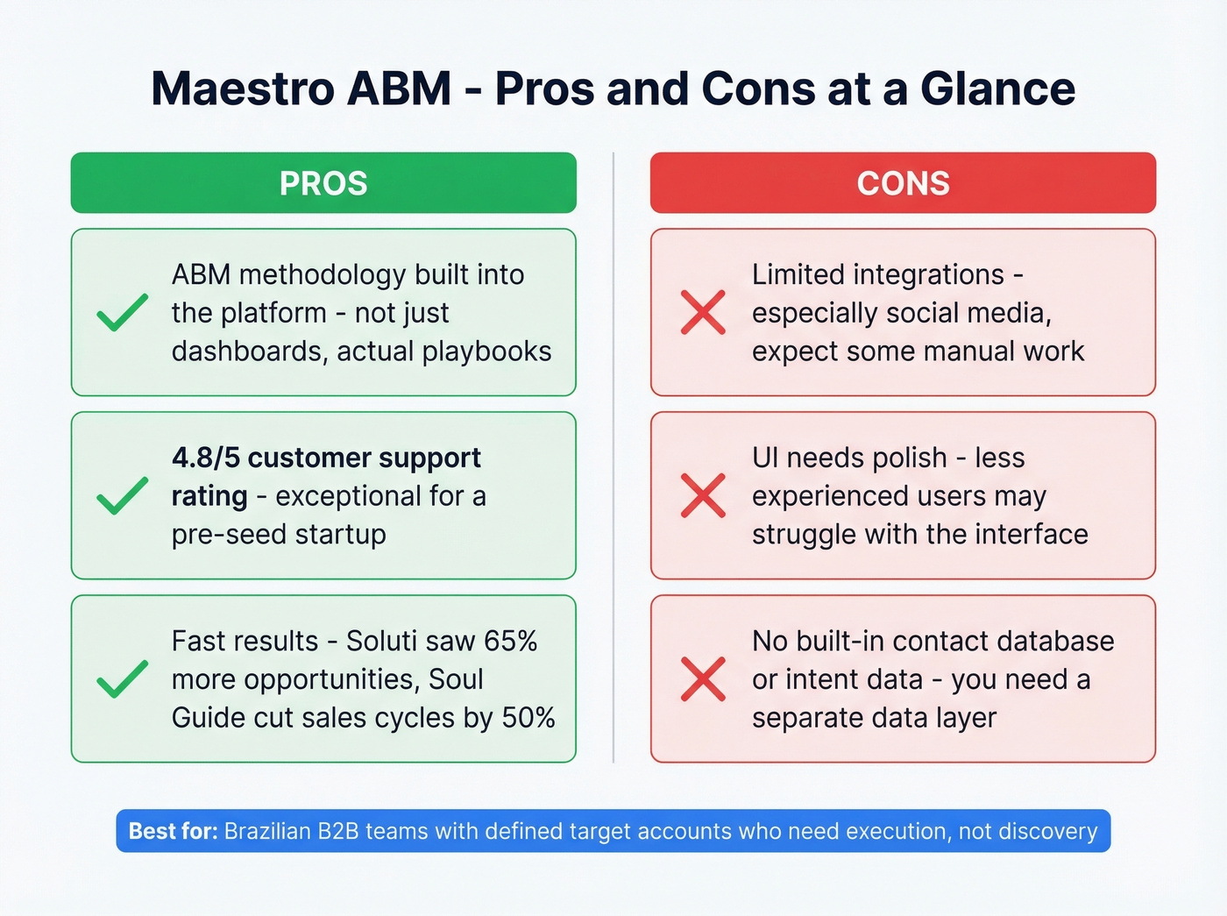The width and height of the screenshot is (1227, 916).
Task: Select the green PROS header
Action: pos(323,183)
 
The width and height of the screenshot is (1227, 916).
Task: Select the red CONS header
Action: pos(903,183)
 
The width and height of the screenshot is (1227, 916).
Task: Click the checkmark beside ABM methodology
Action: pos(122,313)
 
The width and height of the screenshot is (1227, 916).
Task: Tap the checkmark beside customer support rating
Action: pos(122,496)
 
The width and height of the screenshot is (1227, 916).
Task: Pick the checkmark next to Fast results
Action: pos(122,679)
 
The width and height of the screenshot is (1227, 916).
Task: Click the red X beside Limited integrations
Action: pos(703,313)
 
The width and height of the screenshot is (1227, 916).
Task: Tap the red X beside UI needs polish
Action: pos(703,496)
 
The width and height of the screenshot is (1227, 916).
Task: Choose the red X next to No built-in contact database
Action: pos(703,679)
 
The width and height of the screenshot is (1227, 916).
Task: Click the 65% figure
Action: pos(510,641)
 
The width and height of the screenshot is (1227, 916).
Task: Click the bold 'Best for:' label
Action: pos(173,831)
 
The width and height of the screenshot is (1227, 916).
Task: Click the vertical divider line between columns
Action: pos(613,456)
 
